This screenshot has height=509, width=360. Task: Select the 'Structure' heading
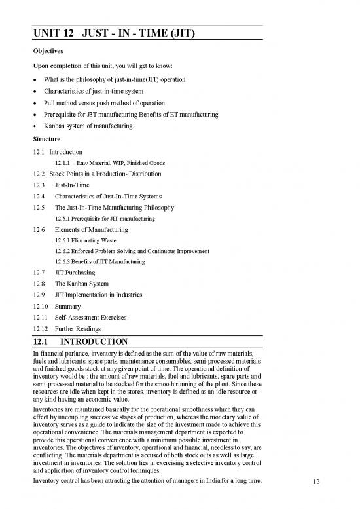48,139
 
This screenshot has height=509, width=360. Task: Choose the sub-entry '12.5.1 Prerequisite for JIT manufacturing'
105,218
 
